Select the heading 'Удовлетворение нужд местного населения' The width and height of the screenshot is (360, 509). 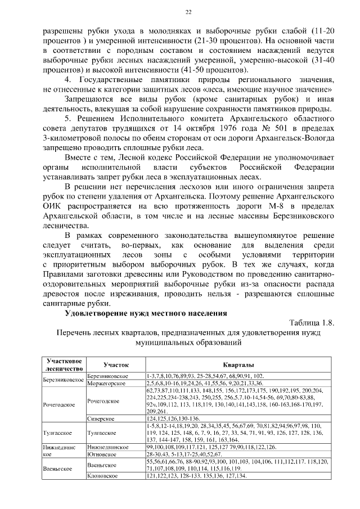146,313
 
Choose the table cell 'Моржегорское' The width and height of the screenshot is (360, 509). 107,383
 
